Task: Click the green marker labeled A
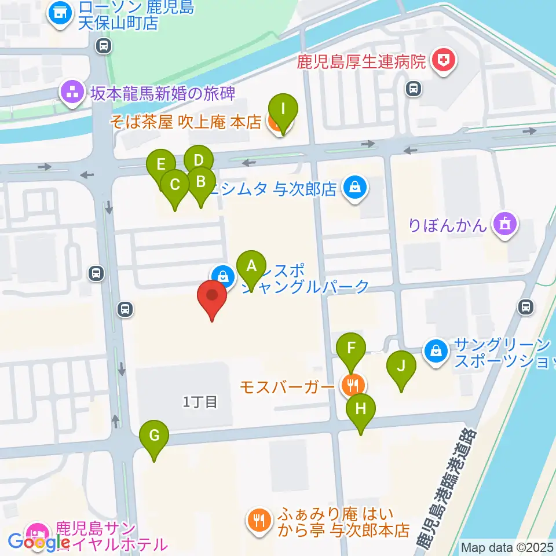251,266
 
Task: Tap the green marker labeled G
154,435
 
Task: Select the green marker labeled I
282,109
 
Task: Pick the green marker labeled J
401,366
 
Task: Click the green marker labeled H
360,409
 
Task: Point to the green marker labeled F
350,349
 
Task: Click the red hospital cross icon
444,60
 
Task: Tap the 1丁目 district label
200,402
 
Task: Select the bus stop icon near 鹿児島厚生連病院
413,88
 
